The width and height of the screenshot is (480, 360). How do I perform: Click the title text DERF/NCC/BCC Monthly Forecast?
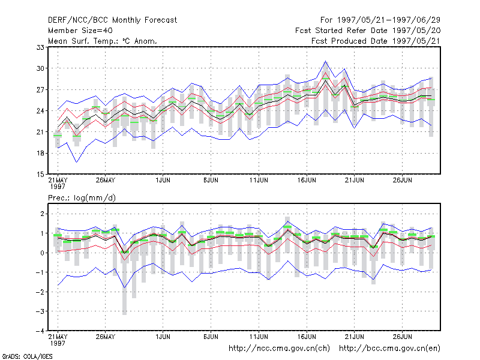click(x=112, y=20)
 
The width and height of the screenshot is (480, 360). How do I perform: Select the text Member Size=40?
click(x=80, y=31)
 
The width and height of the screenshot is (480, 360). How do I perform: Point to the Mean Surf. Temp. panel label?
click(x=102, y=41)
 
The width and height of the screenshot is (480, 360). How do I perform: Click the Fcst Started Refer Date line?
click(x=368, y=31)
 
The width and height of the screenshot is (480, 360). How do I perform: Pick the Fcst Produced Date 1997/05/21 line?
click(x=376, y=41)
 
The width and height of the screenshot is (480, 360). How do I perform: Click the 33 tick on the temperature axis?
click(x=40, y=47)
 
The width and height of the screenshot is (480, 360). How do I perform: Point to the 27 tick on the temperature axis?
click(x=40, y=89)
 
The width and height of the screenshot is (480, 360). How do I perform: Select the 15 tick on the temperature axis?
click(x=40, y=175)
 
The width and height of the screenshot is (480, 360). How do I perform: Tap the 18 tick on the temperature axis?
click(x=40, y=153)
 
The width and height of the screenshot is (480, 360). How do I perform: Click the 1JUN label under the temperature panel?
click(x=163, y=180)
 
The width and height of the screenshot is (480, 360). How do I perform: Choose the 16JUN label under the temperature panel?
click(x=307, y=180)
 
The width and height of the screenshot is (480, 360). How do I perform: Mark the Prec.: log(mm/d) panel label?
click(x=82, y=198)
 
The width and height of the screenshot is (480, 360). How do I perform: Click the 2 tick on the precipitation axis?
click(x=42, y=214)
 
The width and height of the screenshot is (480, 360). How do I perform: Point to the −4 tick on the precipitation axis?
click(x=40, y=331)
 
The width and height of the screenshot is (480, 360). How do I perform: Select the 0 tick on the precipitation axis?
click(x=42, y=253)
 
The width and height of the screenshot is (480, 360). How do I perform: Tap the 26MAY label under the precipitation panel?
click(x=106, y=337)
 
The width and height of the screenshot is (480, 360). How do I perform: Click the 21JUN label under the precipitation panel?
click(x=355, y=337)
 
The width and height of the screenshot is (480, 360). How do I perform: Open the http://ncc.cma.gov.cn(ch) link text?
click(x=279, y=349)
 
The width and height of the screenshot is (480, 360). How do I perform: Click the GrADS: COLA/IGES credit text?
click(x=27, y=356)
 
